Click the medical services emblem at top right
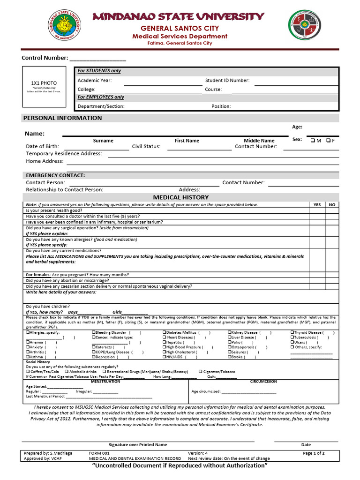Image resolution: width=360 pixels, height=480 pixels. coord(305,27)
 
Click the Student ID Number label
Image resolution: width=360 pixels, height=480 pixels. coord(227,80)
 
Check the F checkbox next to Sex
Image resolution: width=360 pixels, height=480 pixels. coord(328,140)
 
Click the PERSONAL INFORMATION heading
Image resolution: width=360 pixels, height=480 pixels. coord(62,118)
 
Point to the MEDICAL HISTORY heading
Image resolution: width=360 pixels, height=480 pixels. coord(181,197)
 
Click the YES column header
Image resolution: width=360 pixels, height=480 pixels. coord(317,205)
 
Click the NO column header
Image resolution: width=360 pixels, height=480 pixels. coord(332,205)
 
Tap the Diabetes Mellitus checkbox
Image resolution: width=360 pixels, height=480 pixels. coord(165,332)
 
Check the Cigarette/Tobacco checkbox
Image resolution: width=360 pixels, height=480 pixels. coord(201,371)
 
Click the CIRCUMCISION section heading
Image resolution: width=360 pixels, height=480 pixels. coord(263,382)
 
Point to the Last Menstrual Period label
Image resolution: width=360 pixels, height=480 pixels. coord(45,396)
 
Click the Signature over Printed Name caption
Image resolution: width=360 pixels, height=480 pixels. coord(137,444)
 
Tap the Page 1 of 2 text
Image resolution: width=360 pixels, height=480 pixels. coord(314,453)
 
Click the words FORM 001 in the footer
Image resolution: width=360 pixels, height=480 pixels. coord(99,453)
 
